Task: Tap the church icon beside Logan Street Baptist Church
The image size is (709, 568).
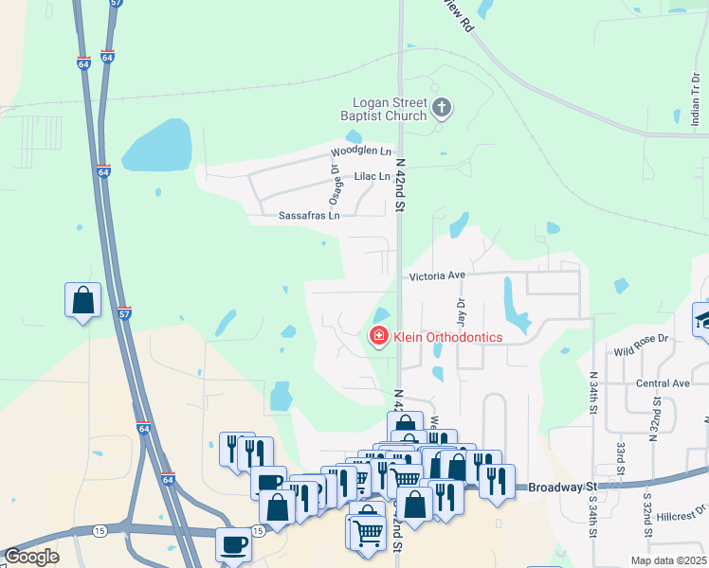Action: click(441, 108)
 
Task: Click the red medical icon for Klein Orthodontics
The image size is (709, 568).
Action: click(378, 336)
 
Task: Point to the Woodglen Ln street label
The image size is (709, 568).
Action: click(360, 151)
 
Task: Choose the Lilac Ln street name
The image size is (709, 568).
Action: click(372, 177)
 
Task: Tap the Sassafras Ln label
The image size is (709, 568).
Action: click(309, 216)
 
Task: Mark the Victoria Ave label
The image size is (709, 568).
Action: click(437, 275)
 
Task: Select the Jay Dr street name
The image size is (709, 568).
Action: click(462, 311)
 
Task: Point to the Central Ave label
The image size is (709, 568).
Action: click(663, 383)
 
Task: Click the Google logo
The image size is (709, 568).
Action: click(31, 557)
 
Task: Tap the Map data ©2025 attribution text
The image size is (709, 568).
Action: click(666, 560)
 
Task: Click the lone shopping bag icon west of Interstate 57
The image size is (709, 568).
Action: click(82, 301)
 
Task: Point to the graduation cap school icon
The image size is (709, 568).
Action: click(703, 318)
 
